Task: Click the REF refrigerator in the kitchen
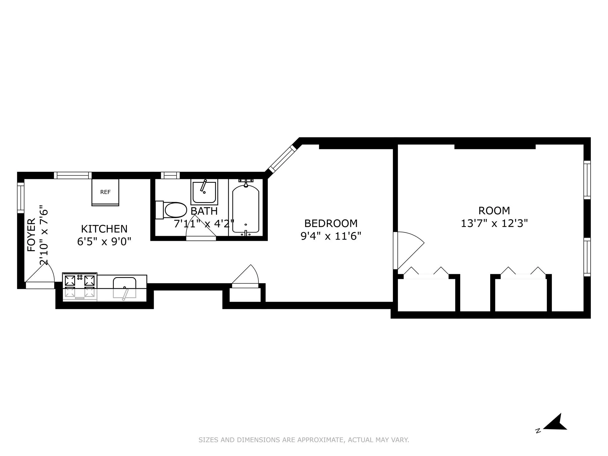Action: (105, 192)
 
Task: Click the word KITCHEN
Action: (104, 229)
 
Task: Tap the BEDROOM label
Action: (331, 223)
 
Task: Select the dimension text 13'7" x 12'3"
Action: (494, 223)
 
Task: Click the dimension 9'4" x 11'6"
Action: (331, 236)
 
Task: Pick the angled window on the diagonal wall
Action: (282, 159)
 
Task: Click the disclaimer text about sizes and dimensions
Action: (304, 440)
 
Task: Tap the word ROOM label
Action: (494, 211)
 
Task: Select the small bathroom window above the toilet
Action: (170, 175)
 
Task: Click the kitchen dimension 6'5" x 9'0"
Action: (104, 241)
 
